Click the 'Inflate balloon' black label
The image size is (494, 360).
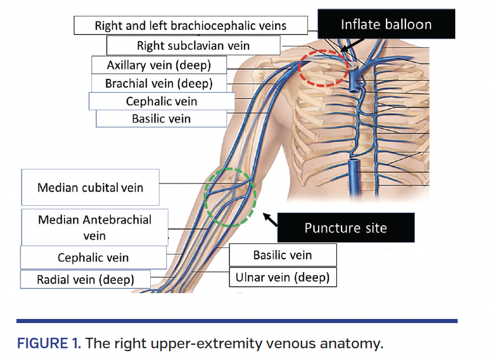click(x=386, y=25)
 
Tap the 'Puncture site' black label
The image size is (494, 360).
click(x=346, y=227)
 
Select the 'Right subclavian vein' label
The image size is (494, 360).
click(x=193, y=45)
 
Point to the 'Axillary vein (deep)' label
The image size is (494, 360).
click(x=158, y=64)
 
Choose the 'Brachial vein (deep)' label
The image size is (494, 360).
click(x=158, y=83)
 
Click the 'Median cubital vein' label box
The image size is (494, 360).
click(x=90, y=188)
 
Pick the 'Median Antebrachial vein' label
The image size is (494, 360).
click(x=94, y=227)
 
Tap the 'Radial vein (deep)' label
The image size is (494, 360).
click(x=85, y=279)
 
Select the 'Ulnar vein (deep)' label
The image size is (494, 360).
click(x=282, y=277)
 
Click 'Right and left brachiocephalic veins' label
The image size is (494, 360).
click(x=191, y=26)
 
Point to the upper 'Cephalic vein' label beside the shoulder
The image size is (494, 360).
click(x=161, y=101)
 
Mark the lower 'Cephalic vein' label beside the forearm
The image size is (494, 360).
click(x=93, y=257)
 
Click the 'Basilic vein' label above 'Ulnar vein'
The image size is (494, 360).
click(x=282, y=255)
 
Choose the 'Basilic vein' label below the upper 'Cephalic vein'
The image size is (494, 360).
click(x=161, y=118)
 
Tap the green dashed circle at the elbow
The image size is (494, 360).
click(x=231, y=197)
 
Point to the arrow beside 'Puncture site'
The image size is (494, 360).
click(x=269, y=219)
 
